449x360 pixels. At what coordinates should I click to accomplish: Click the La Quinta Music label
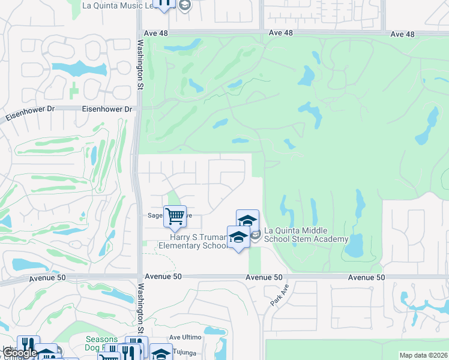tap(118, 5)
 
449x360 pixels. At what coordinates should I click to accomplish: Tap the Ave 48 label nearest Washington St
tap(156, 33)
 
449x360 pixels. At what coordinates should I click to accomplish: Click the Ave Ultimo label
tap(183, 338)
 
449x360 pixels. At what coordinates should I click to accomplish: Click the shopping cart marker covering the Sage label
tap(175, 215)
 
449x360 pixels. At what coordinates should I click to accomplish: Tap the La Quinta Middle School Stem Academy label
tap(306, 235)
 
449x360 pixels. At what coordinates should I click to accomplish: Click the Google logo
tap(20, 353)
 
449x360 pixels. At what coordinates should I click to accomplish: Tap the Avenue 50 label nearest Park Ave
tap(264, 277)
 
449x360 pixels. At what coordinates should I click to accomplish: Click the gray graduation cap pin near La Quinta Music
tap(184, 5)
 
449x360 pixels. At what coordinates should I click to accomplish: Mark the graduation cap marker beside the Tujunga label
tap(160, 353)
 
